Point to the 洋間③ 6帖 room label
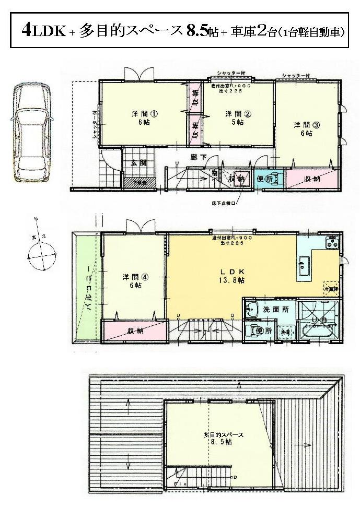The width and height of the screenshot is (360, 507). pyautogui.click(x=303, y=129)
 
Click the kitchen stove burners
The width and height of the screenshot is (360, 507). pyautogui.click(x=332, y=242)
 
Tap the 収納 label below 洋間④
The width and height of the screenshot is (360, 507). pyautogui.click(x=136, y=331)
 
